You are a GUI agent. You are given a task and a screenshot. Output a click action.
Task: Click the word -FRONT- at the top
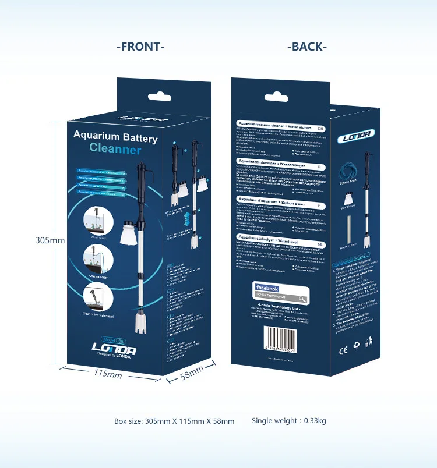tap(140, 47)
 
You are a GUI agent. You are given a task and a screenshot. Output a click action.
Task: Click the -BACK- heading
tap(307, 47)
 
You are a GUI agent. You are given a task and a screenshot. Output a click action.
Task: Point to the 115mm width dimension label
tap(108, 373)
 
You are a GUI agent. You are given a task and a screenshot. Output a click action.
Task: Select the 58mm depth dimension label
tap(192, 373)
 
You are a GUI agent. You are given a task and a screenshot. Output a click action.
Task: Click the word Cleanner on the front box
tap(115, 150)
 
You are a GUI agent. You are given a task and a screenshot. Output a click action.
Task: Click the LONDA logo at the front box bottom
tap(114, 349)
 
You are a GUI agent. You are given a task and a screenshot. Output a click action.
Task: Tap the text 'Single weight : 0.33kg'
tap(288, 421)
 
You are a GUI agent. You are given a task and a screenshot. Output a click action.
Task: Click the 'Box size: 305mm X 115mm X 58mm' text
tap(174, 421)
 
